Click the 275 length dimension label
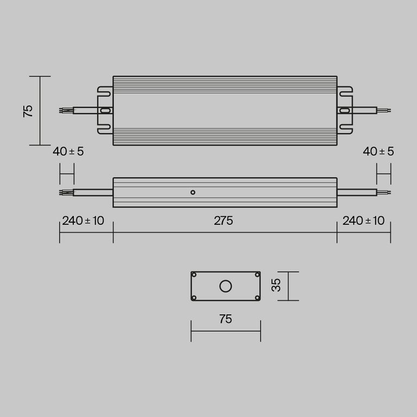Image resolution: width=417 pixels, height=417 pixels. point(223,221)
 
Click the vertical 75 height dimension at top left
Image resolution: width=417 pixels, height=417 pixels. point(29,111)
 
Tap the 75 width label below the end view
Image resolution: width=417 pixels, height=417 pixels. point(225,319)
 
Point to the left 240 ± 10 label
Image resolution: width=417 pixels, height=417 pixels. point(83,221)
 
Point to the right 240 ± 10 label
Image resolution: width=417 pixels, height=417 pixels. point(363,221)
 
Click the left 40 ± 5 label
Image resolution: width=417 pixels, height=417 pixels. point(68,151)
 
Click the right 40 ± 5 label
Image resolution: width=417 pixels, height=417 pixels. point(378,151)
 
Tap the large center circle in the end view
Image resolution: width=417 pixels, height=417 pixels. point(225,286)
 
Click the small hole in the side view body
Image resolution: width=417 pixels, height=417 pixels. point(192,192)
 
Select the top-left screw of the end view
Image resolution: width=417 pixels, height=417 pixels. point(194,275)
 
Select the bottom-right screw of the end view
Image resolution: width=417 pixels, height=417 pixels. point(257,298)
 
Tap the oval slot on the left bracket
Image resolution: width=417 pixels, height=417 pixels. point(105,111)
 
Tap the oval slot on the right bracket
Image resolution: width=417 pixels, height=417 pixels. point(344,111)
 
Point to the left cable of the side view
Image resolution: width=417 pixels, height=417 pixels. point(92,192)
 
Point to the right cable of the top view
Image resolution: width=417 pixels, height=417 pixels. point(364,111)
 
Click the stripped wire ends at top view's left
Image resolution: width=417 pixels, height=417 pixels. point(65,111)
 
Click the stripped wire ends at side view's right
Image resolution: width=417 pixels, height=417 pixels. point(384,192)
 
